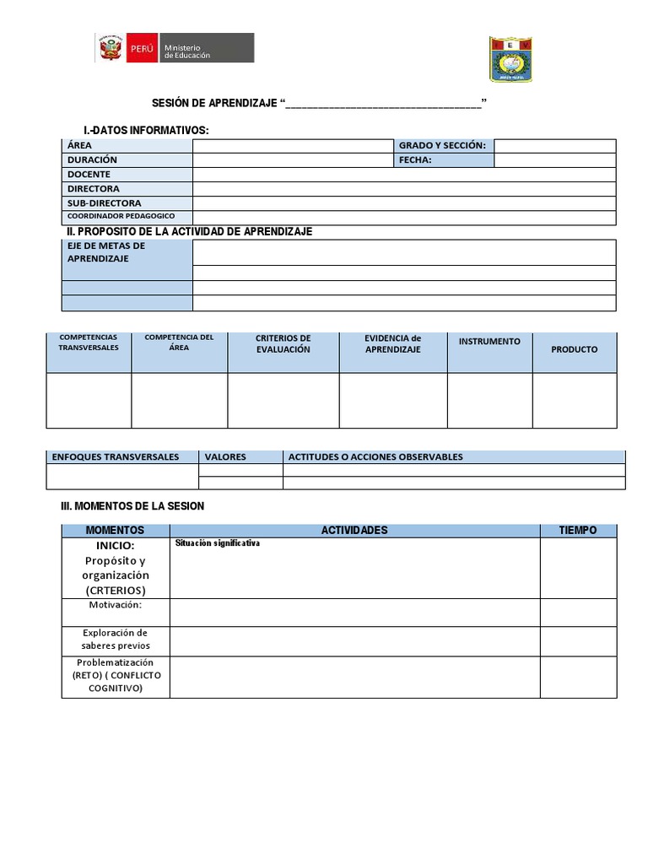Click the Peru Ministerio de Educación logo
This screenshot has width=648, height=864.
[x=174, y=48]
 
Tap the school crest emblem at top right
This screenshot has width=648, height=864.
[x=510, y=59]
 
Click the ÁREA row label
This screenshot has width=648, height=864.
[x=80, y=145]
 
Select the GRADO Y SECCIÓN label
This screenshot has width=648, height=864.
[x=442, y=145]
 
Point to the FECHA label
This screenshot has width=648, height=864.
[x=415, y=159]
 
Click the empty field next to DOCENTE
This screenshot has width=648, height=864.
[x=404, y=174]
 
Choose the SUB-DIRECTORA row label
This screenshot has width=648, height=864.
[x=105, y=202]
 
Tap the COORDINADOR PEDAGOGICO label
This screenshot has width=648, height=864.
[x=121, y=217]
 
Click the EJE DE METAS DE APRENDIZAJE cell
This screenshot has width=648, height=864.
[x=106, y=252]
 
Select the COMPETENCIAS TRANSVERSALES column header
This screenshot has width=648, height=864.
[x=89, y=343]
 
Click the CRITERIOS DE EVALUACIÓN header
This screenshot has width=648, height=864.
[x=283, y=343]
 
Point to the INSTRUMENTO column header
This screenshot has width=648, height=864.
[x=489, y=342]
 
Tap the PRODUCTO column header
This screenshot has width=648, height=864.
[x=574, y=349]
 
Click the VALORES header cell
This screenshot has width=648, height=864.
[x=225, y=456]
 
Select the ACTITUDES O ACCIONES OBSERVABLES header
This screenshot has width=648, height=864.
[x=375, y=456]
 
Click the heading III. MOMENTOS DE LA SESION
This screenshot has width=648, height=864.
[x=132, y=506]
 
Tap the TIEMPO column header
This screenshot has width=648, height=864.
[x=578, y=531]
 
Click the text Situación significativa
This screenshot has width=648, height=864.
[x=218, y=543]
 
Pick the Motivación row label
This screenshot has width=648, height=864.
[x=116, y=605]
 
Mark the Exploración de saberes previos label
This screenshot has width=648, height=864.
[x=116, y=640]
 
